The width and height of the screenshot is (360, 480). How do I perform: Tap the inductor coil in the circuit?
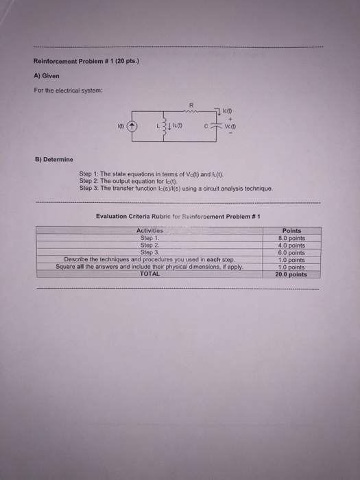click(164, 126)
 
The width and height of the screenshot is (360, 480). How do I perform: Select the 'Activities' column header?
click(150, 231)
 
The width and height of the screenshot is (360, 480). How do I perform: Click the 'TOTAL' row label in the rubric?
click(149, 273)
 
